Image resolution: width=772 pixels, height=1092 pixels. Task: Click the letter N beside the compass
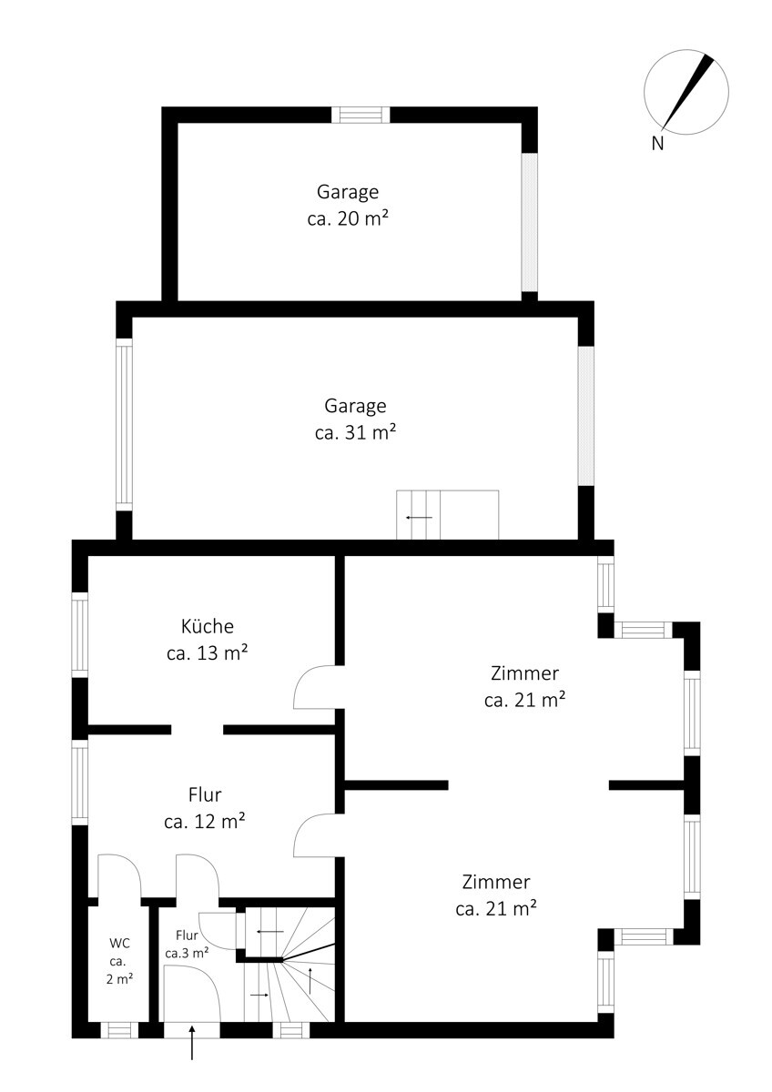pos(657,144)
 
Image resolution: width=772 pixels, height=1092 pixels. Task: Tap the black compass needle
pos(687,92)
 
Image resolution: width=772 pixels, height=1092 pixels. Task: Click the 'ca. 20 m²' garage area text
pos(348,218)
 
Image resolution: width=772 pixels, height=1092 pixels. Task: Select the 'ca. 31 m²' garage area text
pos(355,432)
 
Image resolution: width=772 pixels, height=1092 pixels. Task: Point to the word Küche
pos(208,626)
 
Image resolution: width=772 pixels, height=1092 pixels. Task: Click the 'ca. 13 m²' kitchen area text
pos(208,652)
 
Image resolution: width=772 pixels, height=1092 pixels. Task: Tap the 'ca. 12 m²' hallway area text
pos(204,822)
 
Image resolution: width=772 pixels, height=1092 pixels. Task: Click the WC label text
pos(119,943)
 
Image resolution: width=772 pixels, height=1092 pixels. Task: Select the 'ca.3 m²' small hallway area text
pos(188,953)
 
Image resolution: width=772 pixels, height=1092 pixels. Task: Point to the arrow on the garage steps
pos(419,517)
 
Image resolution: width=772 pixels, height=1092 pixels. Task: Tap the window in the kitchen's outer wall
pos(80,634)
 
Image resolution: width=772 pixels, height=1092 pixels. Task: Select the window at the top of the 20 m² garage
pos(361,115)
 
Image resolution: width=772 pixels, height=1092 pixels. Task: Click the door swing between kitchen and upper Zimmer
pos(315,687)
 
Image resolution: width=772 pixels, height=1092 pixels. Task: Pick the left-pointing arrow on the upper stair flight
pos(270,932)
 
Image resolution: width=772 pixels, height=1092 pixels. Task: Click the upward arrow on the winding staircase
pos(310,980)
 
